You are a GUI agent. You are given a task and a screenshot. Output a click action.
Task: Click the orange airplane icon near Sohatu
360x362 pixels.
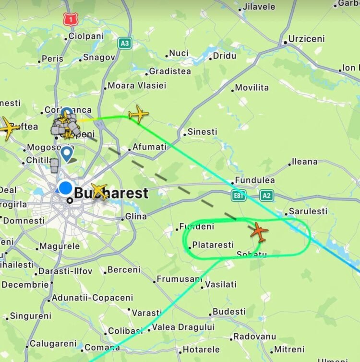pos(259,232)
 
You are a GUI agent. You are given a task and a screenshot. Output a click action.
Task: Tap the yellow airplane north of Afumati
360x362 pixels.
pos(138,114)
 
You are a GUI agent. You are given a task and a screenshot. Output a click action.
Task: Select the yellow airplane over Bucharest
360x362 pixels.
pos(99,191)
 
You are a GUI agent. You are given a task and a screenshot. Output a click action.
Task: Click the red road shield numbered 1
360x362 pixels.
pos(70,20)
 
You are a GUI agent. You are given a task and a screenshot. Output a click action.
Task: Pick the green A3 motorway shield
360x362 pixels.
pos(125,44)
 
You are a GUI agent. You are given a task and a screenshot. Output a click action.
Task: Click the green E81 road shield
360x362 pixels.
pos(238,195)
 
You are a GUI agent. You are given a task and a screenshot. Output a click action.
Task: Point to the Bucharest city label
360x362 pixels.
pos(111,194)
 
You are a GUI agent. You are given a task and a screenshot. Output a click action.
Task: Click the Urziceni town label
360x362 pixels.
pos(306,39)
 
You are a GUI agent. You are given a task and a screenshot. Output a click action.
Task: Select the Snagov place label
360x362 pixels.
pos(99,58)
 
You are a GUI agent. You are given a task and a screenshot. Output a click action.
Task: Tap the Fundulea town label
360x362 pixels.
pos(254,181)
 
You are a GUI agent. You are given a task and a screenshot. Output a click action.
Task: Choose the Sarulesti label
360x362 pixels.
pos(308,211)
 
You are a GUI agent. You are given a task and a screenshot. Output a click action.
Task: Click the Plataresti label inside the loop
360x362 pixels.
pos(213,245)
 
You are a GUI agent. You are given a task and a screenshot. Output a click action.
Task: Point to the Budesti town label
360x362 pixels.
pos(229,312)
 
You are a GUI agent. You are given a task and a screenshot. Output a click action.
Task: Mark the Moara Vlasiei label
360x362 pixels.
pos(137,86)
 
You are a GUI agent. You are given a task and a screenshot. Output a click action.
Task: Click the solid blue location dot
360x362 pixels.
pos(65,188)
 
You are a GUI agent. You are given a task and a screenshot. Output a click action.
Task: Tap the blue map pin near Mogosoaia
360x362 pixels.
pos(67,154)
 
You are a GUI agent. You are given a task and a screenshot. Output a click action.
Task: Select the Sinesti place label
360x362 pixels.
pos(202,131)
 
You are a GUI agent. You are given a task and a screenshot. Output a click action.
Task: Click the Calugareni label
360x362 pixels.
pos(53,344)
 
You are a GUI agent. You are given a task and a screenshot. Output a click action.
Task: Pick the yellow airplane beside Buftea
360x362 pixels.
pos(10,128)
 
